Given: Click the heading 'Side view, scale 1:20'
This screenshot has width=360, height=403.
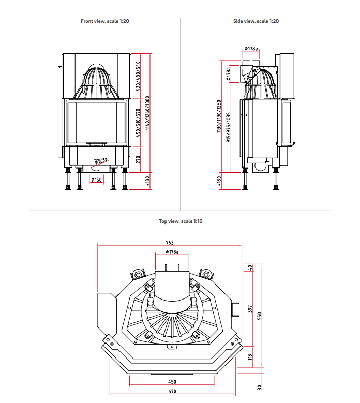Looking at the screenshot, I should pos(256,21).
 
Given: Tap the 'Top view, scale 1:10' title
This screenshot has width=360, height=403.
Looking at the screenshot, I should pos(181,221).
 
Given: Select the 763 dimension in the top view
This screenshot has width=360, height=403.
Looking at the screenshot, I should pos(170,243).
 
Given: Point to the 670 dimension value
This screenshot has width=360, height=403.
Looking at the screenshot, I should pos(172,392).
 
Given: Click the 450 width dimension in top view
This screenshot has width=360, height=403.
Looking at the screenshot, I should pos(172,382).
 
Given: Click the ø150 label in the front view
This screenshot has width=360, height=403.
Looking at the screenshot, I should pos(96,180).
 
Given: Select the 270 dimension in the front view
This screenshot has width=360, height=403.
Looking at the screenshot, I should pos(138,159).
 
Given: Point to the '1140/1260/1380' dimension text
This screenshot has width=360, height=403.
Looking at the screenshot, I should pos(147,112).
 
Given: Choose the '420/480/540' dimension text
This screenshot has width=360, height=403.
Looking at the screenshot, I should pos(138,76).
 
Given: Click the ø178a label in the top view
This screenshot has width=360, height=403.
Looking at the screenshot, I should pos(172,252).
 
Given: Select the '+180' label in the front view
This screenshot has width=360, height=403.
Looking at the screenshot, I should pos(147,180).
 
